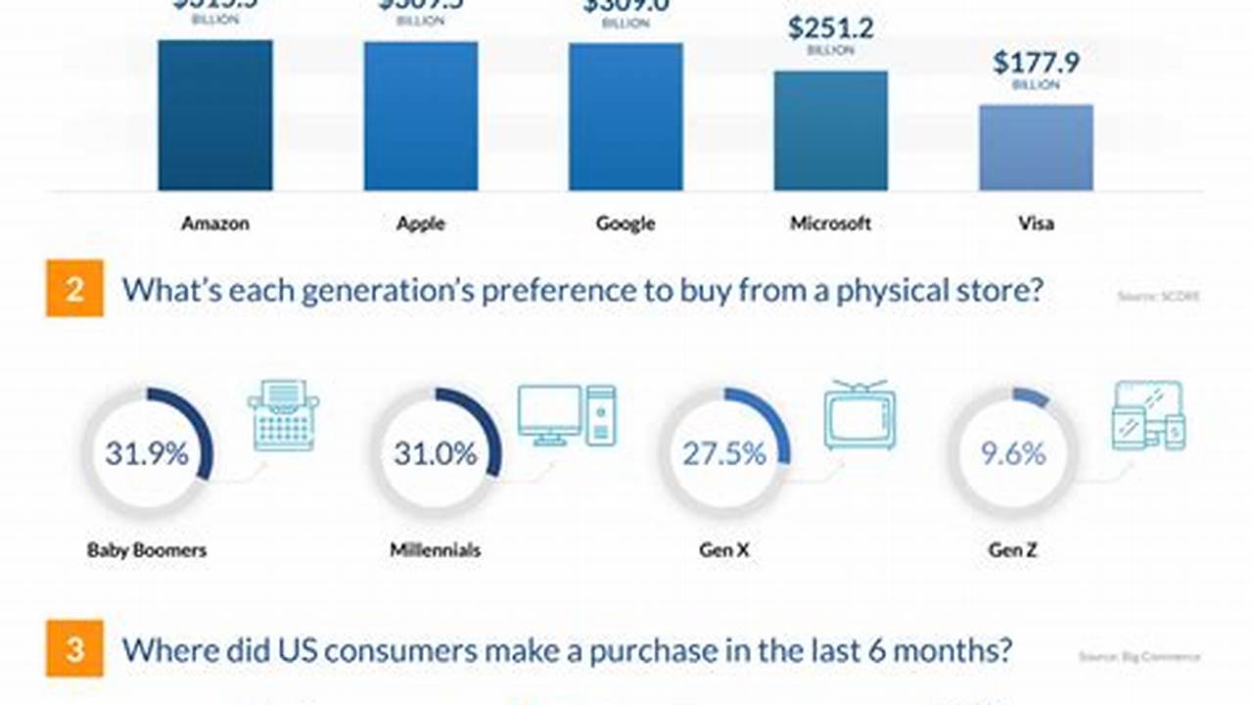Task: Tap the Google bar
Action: click(x=626, y=117)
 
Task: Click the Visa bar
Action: click(x=1036, y=147)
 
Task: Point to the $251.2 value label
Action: click(x=830, y=27)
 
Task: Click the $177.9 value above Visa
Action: click(x=1036, y=63)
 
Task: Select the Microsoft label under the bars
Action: click(x=830, y=223)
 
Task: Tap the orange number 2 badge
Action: click(x=74, y=290)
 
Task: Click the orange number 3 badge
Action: click(x=74, y=648)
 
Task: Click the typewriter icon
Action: click(x=283, y=415)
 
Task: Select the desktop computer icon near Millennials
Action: click(x=567, y=415)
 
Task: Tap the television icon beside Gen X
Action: click(x=859, y=415)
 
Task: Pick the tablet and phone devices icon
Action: click(x=1148, y=416)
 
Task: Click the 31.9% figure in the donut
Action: click(x=147, y=454)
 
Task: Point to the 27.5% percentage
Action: click(x=725, y=454)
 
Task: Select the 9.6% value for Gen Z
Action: click(x=1013, y=454)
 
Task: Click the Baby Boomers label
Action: click(x=147, y=550)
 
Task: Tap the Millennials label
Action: click(x=436, y=550)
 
